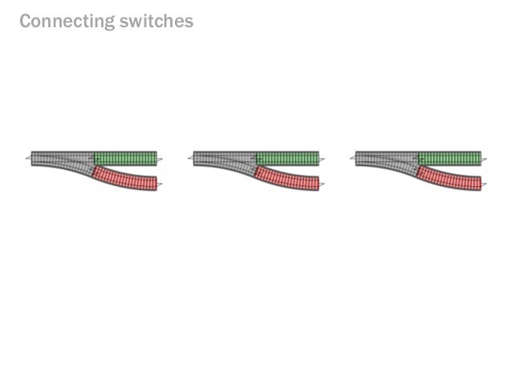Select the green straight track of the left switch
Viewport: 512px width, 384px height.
(x=125, y=158)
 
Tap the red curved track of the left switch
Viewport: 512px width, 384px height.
(x=125, y=179)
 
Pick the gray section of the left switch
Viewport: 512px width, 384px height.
(x=60, y=158)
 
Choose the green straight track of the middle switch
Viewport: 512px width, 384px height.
(x=287, y=158)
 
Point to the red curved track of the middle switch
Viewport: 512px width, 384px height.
(x=287, y=179)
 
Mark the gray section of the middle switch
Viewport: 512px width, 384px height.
(x=222, y=158)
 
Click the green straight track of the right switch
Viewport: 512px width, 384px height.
(x=449, y=158)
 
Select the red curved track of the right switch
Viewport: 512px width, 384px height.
(x=449, y=179)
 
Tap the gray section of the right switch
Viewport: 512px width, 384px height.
(x=384, y=158)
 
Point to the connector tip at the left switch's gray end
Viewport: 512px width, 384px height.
(x=28, y=159)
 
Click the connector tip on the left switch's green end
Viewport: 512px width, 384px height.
(x=161, y=159)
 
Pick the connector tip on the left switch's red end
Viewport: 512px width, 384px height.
(x=160, y=185)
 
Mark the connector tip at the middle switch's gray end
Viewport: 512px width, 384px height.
(x=190, y=159)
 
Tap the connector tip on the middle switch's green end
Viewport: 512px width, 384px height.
(x=323, y=159)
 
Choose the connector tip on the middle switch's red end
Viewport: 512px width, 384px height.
(x=322, y=185)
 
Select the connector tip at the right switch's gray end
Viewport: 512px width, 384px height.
(x=352, y=159)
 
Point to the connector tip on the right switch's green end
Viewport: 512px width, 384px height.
(x=485, y=159)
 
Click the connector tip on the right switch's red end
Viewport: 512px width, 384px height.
(x=484, y=185)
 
